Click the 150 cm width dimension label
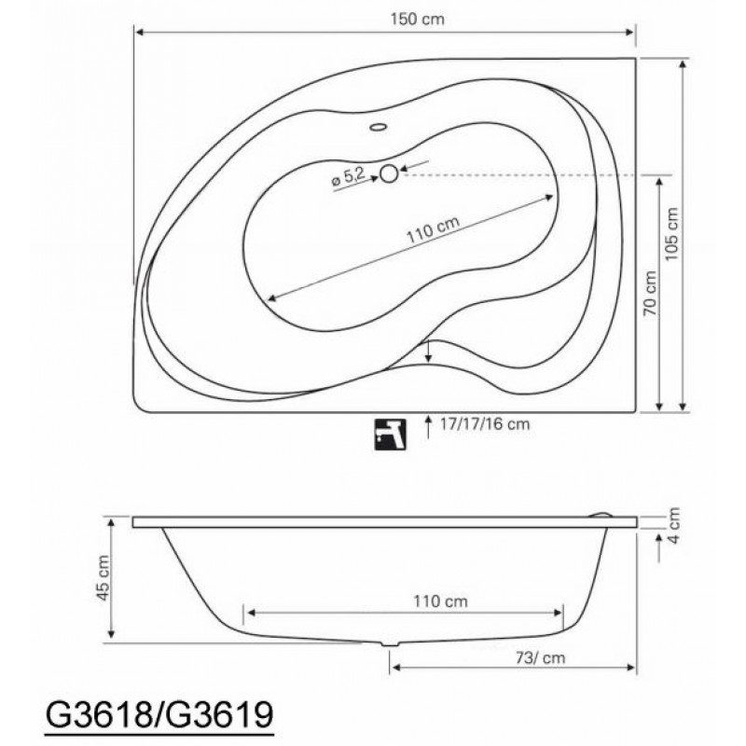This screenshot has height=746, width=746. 417,19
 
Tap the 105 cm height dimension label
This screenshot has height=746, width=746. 671,234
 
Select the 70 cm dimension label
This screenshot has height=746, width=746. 650,293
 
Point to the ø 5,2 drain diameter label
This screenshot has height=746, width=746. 348,178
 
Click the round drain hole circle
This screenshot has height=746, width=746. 389,173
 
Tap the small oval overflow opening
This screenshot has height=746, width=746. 379,127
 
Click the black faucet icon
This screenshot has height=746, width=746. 390,434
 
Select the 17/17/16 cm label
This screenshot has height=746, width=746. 484,424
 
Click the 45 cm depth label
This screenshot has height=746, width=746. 104,577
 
